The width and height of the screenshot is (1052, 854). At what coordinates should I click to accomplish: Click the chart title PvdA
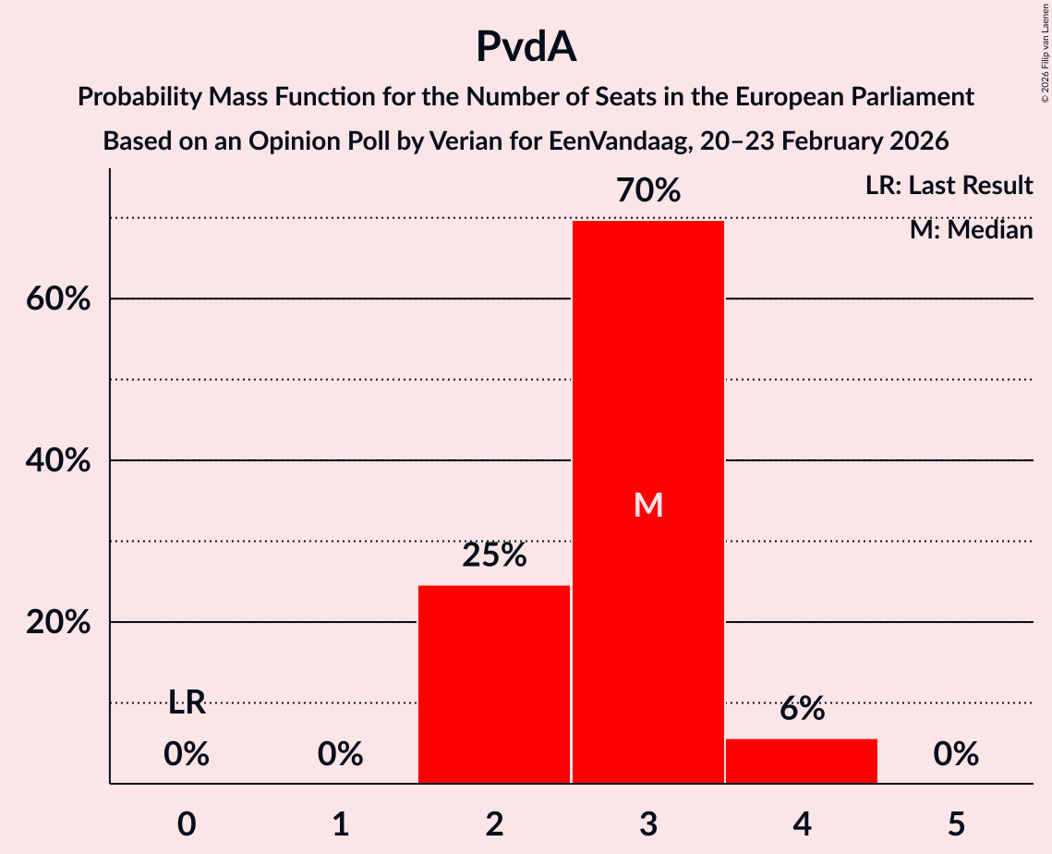pyautogui.click(x=526, y=46)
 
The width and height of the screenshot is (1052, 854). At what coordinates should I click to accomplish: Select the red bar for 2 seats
pyautogui.click(x=494, y=684)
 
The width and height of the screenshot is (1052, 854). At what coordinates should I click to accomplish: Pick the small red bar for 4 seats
pyautogui.click(x=802, y=761)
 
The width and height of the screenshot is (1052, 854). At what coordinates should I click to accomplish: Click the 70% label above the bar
pyautogui.click(x=648, y=191)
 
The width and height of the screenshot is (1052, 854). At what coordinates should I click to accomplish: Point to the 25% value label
pyautogui.click(x=494, y=555)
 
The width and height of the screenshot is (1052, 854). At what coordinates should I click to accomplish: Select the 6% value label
pyautogui.click(x=802, y=709)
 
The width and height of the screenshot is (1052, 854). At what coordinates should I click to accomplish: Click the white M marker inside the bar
pyautogui.click(x=648, y=505)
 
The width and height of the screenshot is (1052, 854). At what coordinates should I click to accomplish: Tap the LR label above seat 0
pyautogui.click(x=187, y=703)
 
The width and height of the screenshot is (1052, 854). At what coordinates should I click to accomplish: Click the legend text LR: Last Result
pyautogui.click(x=949, y=186)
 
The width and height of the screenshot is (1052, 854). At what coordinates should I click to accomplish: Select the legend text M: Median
pyautogui.click(x=971, y=229)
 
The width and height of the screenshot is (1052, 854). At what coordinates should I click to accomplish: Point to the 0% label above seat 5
pyautogui.click(x=956, y=755)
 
